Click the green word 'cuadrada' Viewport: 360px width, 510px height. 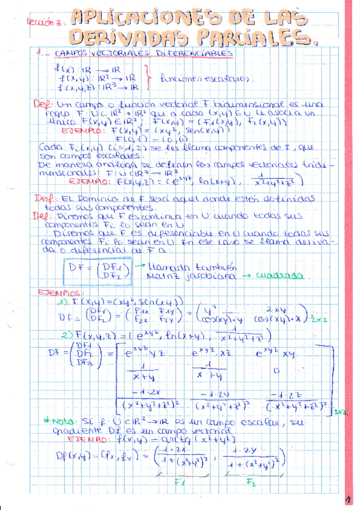coord(282,276)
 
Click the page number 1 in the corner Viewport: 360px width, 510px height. coord(347,499)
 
